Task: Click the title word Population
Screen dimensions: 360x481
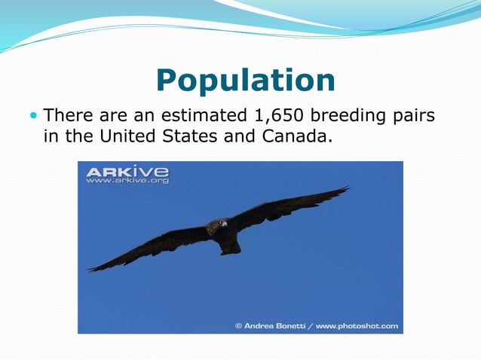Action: (245, 80)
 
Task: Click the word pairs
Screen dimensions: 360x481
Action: (414, 117)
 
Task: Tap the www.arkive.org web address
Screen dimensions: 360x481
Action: (127, 181)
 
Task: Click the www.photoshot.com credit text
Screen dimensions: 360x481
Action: (357, 326)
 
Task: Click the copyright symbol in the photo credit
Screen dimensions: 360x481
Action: (238, 326)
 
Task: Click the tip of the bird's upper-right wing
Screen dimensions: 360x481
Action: (346, 188)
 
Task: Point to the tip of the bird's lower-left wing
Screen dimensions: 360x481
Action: (91, 269)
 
